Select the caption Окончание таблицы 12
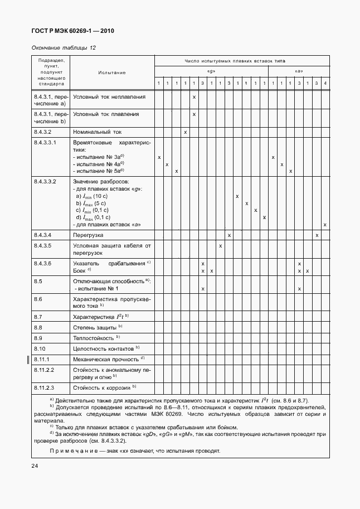(x=64, y=47)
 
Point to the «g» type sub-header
(x=211, y=71)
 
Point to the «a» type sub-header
(x=299, y=71)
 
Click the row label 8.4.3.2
(x=43, y=132)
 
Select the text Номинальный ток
(x=97, y=132)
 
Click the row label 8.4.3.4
(x=43, y=235)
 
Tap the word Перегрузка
(x=90, y=235)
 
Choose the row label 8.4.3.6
(x=43, y=263)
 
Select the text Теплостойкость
(x=94, y=338)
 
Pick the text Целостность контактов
(x=103, y=348)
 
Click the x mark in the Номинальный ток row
(x=185, y=132)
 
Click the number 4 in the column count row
(x=325, y=84)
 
